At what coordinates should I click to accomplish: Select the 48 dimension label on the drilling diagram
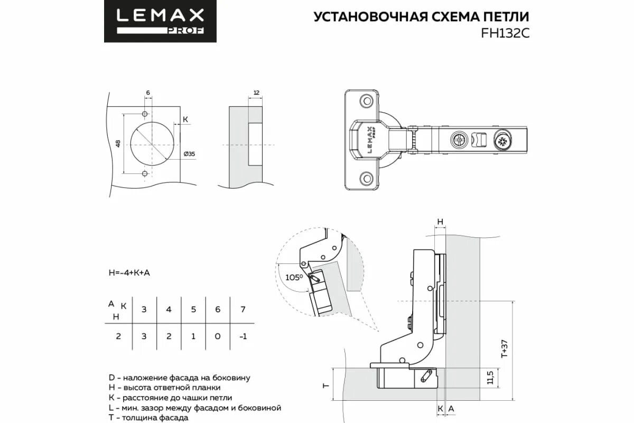click(119, 143)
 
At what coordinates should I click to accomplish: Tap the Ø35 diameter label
click(189, 153)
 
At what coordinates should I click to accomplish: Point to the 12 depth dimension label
click(256, 93)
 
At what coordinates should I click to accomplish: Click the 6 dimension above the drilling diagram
click(148, 93)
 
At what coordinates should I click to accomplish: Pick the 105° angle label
click(293, 277)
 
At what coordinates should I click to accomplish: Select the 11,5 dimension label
click(490, 378)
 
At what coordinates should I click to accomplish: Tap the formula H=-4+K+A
click(129, 272)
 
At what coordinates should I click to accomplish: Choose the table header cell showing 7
click(243, 309)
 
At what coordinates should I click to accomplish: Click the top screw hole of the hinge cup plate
click(365, 100)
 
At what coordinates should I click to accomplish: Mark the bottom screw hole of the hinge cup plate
click(365, 179)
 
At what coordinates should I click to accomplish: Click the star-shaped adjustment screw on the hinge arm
click(502, 141)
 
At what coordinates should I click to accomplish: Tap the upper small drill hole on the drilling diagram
click(145, 114)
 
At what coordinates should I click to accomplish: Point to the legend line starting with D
click(179, 378)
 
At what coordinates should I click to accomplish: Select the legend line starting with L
click(194, 408)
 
